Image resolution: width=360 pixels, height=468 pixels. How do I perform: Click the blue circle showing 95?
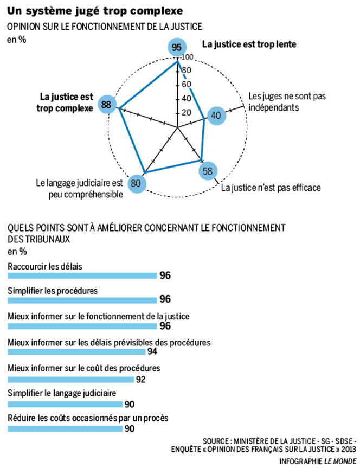coord(177,48)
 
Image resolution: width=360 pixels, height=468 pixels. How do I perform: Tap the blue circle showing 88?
coord(107,105)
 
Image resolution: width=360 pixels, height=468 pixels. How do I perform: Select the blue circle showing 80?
coord(136,183)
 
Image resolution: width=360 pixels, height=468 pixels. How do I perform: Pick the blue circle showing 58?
coord(208,171)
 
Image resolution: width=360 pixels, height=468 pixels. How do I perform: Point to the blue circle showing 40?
coord(216,116)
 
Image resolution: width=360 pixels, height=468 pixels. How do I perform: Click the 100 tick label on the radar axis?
coord(187,58)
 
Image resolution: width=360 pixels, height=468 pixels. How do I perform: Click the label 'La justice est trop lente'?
coord(249,44)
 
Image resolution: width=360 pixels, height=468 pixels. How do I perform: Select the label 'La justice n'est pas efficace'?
coord(271,188)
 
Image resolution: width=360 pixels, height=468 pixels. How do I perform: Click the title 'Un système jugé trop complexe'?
coord(95,10)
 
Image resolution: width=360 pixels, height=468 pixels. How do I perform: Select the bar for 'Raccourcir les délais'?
coord(82,275)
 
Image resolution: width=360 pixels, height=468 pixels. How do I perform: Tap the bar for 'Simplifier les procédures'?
coord(82,299)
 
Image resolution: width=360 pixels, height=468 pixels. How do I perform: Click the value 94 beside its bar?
coord(152,351)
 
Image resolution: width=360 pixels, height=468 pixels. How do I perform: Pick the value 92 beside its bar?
coord(141,379)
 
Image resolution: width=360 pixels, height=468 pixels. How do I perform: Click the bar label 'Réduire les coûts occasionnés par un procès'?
coord(88,418)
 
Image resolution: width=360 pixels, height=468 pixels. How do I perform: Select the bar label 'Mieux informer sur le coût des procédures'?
coord(83,368)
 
